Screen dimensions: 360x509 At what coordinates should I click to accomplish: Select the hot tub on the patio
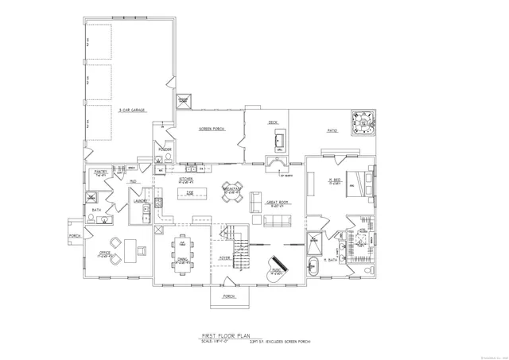[364, 124]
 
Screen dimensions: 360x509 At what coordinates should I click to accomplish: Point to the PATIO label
[333, 130]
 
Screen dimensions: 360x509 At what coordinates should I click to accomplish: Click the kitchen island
[189, 193]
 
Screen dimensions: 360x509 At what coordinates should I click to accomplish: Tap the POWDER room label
[165, 149]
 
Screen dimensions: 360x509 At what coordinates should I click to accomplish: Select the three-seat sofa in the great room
[278, 221]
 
